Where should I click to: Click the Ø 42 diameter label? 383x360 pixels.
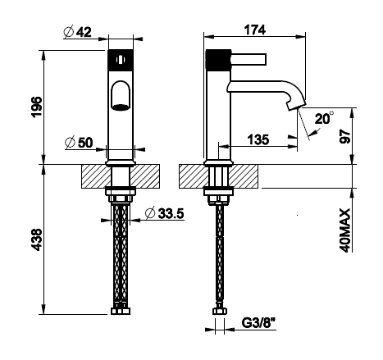click(77, 32)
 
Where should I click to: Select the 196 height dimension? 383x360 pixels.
click(37, 107)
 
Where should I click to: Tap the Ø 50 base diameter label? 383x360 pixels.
click(79, 143)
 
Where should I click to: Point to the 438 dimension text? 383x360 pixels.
click(37, 239)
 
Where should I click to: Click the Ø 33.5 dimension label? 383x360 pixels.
click(165, 213)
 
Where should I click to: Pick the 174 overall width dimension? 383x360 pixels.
click(255, 30)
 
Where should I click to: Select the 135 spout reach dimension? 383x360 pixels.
click(258, 139)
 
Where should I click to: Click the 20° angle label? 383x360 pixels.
click(324, 119)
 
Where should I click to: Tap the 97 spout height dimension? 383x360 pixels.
click(344, 136)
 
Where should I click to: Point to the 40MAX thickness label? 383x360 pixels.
click(344, 230)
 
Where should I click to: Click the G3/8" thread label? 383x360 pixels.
click(258, 323)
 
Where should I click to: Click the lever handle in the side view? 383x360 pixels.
click(248, 59)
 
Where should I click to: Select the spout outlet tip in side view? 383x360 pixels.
click(296, 106)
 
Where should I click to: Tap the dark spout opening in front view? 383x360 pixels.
click(121, 107)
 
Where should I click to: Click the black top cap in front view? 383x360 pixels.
click(121, 60)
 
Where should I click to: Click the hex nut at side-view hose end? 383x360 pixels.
click(220, 311)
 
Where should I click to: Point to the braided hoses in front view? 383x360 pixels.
click(121, 253)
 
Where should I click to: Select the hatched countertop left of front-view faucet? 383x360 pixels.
click(97, 176)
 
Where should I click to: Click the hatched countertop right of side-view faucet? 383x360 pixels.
click(244, 176)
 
